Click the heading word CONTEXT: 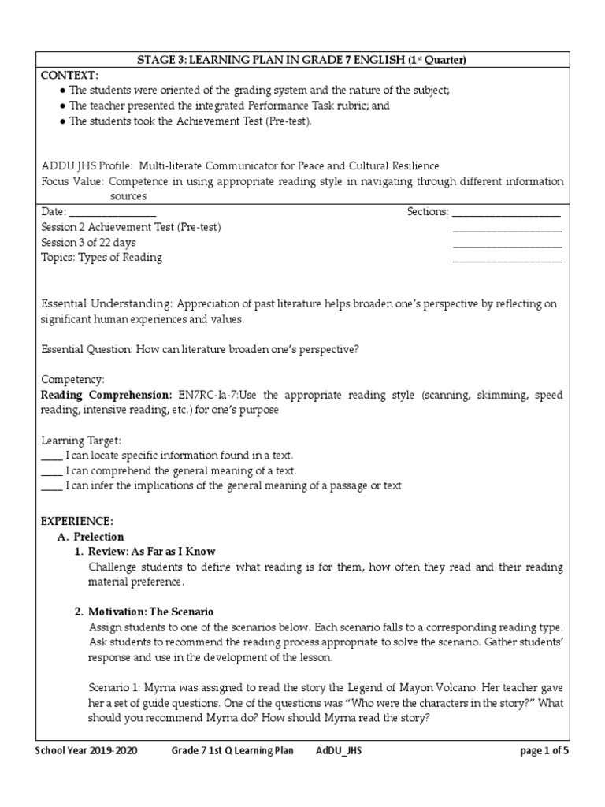pyautogui.click(x=70, y=75)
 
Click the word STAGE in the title pyautogui.click(x=156, y=61)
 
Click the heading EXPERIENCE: pyautogui.click(x=77, y=522)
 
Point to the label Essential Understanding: pyautogui.click(x=106, y=304)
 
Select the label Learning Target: pyautogui.click(x=80, y=441)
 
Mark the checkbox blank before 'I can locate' pyautogui.click(x=51, y=456)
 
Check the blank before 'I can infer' pyautogui.click(x=51, y=486)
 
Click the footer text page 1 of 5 pyautogui.click(x=544, y=751)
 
